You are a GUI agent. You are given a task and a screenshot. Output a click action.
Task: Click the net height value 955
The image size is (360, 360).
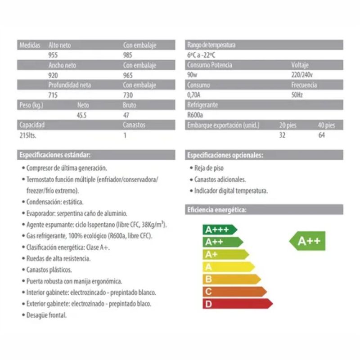click(53, 55)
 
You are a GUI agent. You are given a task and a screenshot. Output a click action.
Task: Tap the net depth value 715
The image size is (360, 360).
click(53, 95)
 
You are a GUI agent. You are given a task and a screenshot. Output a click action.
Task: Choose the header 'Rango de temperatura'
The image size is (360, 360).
click(211, 45)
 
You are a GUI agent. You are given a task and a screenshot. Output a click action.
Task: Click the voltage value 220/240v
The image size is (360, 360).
click(302, 75)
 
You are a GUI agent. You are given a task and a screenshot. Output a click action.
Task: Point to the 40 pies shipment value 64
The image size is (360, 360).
click(321, 135)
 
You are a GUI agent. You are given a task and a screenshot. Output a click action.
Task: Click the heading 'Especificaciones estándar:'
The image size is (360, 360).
click(54, 155)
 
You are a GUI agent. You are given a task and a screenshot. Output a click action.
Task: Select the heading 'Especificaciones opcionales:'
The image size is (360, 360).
click(225, 155)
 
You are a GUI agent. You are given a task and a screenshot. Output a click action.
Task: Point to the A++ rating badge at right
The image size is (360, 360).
click(308, 241)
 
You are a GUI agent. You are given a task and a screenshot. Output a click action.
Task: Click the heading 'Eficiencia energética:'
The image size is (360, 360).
click(216, 210)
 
